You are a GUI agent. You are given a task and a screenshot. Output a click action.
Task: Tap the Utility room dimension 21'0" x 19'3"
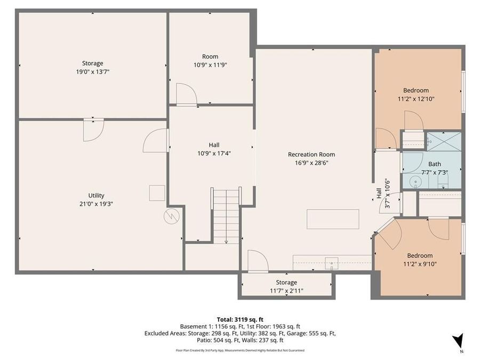tap(97, 203)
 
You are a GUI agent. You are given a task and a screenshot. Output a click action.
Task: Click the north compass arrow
tap(457, 342)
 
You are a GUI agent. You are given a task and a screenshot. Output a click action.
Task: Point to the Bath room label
tap(434, 164)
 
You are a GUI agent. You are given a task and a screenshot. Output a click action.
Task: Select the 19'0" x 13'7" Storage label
tap(92, 71)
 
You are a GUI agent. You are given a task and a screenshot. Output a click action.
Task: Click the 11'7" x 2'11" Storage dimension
tap(286, 290)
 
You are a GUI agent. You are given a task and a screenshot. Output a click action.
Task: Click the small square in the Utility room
tap(157, 193)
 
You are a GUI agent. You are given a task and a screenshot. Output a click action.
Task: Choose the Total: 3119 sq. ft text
tap(239, 319)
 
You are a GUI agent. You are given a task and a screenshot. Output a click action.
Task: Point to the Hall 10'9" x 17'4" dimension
tap(214, 153)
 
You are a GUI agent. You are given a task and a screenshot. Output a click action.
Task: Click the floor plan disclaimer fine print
tap(240, 350)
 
